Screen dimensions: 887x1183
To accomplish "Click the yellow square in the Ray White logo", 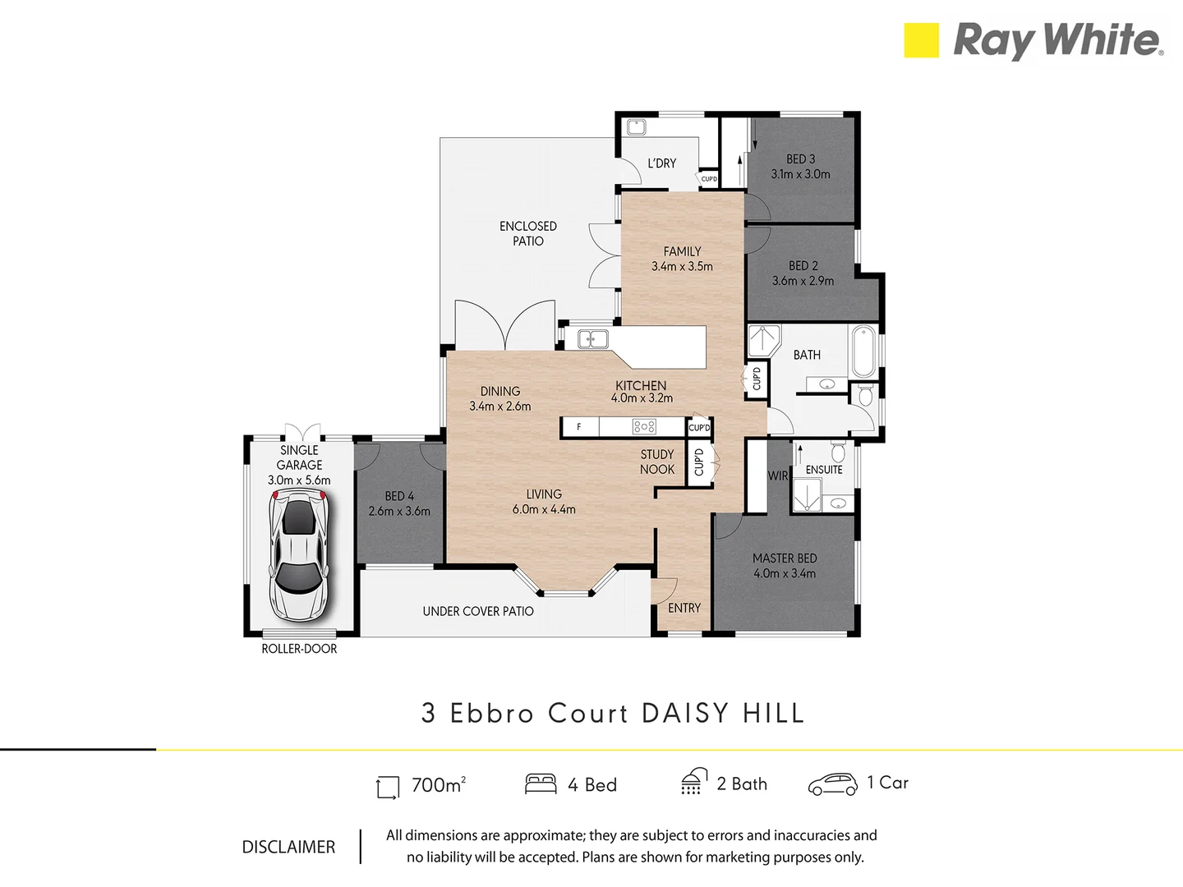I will click(921, 40).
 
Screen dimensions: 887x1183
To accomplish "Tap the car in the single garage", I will click(299, 555).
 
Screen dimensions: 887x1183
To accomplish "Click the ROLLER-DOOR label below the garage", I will click(299, 649).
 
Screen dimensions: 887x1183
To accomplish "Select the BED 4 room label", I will click(399, 496).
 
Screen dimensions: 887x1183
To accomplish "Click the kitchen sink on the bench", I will click(591, 339).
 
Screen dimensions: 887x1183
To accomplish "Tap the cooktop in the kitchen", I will click(644, 427).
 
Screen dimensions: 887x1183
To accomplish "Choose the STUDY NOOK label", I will click(657, 462).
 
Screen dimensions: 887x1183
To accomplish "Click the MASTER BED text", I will click(785, 558).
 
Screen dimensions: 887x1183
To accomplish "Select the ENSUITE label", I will click(824, 470).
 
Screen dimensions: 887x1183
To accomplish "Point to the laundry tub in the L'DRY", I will click(636, 127).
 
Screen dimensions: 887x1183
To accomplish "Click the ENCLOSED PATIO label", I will click(528, 233).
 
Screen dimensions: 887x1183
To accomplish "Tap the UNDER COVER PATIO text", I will click(478, 611).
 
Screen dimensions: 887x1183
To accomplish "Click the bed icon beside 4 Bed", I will click(541, 784).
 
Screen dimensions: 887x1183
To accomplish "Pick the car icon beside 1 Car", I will click(832, 784).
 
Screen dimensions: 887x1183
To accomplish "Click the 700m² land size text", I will click(439, 785).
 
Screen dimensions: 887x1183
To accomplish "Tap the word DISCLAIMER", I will click(288, 847).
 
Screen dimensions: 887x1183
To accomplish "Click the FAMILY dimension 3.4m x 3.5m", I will click(682, 267).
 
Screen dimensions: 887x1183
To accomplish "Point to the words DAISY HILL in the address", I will click(723, 713).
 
